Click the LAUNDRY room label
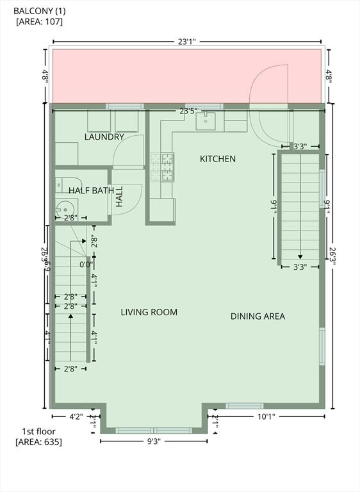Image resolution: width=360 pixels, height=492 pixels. click(x=104, y=137)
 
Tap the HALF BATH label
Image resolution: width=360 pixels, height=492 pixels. click(x=92, y=190)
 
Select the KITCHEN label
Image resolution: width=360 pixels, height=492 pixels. click(x=218, y=159)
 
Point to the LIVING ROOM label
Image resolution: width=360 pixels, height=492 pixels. click(x=149, y=313)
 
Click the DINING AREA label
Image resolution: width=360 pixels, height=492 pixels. click(x=258, y=316)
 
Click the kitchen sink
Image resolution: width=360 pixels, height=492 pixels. click(x=206, y=120)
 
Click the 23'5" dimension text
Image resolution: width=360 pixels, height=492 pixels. click(x=188, y=111)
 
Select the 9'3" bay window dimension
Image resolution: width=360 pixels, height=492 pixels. click(x=154, y=441)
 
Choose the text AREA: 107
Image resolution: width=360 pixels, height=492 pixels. click(x=39, y=21)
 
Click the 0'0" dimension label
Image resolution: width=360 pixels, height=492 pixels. click(x=86, y=264)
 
